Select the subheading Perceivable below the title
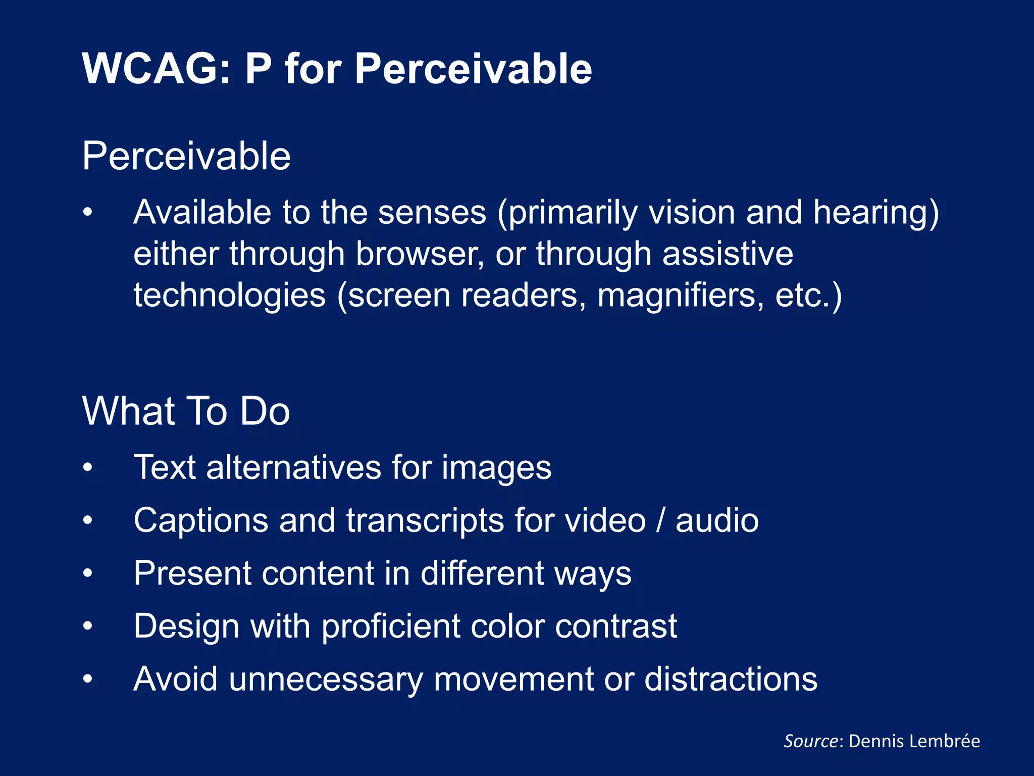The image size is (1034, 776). (186, 156)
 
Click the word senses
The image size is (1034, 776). (432, 212)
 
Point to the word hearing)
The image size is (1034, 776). (876, 213)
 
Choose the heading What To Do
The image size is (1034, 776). (186, 411)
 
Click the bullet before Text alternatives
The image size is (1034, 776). (88, 468)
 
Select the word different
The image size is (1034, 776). (482, 573)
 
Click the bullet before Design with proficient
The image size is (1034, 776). (88, 626)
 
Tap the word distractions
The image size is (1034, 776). (731, 679)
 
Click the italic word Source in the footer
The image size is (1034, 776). (810, 741)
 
